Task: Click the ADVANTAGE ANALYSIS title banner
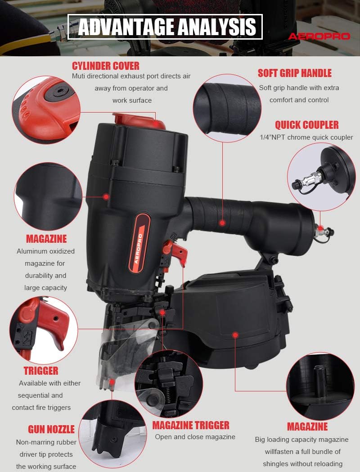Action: coord(165,27)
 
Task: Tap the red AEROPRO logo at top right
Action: coord(319,36)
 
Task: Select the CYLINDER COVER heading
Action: coord(106,66)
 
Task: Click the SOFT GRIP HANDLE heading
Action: coord(294,73)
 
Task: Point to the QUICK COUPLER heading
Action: coord(307,125)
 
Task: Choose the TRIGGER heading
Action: coord(41,371)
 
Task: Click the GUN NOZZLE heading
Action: coord(51,429)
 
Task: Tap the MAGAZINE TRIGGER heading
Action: coord(191,425)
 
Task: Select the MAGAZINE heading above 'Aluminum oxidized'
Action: coord(46,239)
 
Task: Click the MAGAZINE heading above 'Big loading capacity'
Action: coord(307,427)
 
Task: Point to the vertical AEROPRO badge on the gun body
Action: coord(139,243)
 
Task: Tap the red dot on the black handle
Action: coord(222,223)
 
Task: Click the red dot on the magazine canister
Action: coord(235,335)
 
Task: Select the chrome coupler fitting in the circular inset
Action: coord(310,178)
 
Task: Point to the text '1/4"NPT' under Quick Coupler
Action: coord(273,137)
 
